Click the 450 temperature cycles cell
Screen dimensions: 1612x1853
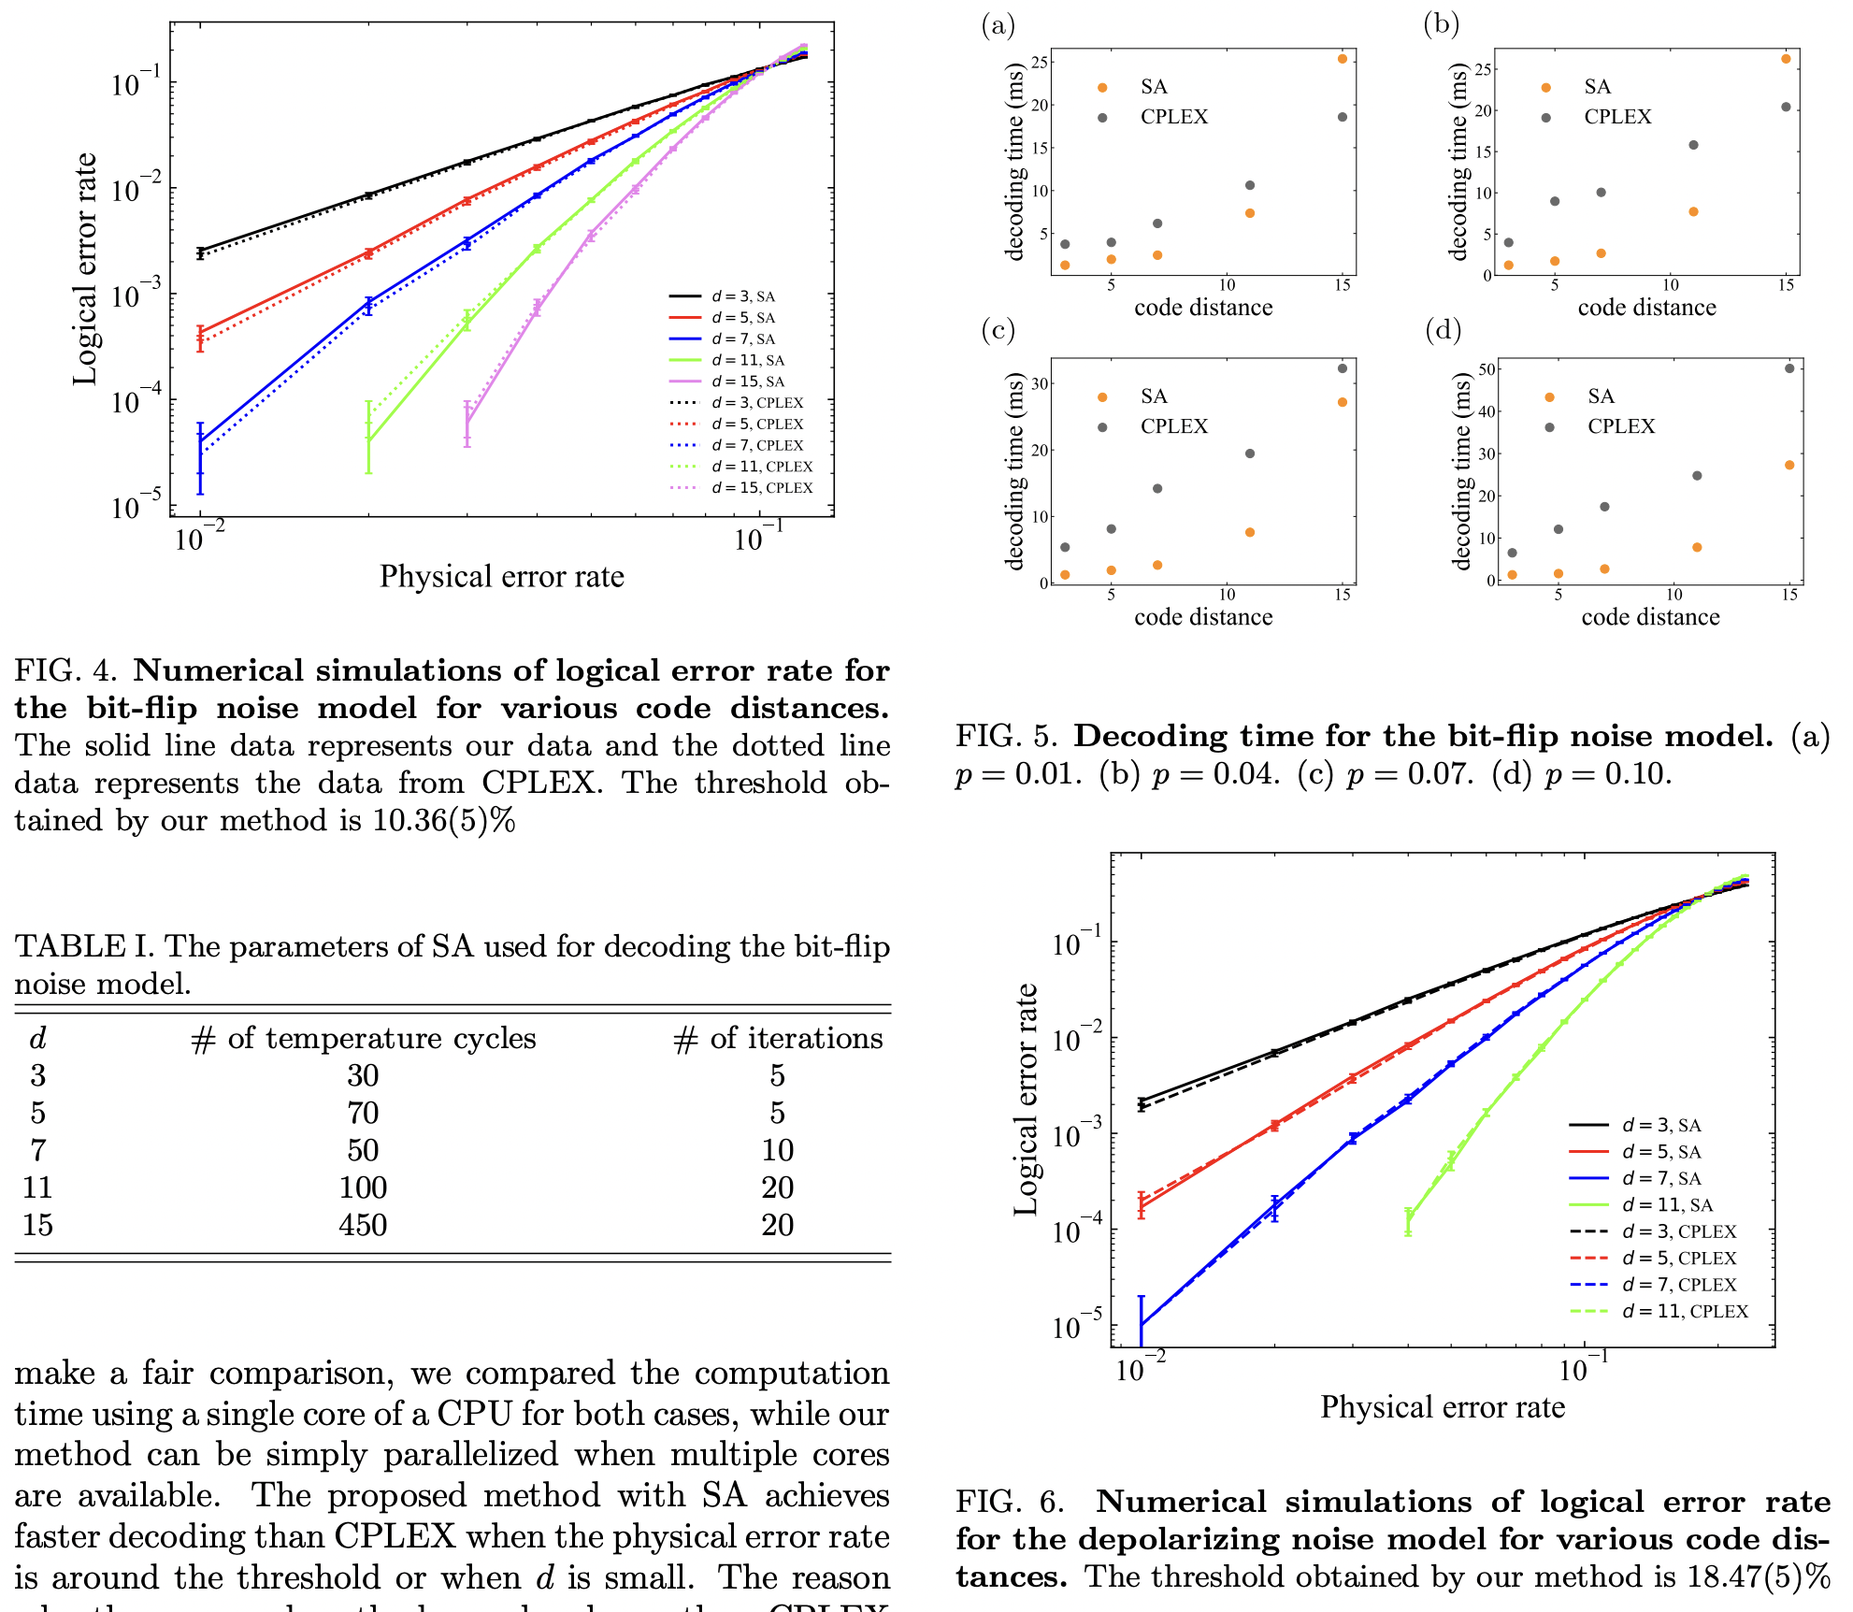click(x=363, y=1225)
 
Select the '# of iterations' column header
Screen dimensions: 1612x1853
click(x=778, y=1038)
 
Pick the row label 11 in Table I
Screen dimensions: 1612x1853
click(x=37, y=1187)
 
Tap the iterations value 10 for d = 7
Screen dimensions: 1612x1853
click(x=777, y=1150)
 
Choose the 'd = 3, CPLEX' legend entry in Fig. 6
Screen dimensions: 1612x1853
click(x=1678, y=1231)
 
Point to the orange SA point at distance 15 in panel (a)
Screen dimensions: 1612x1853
click(x=1343, y=59)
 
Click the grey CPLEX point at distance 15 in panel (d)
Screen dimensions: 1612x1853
click(x=1789, y=368)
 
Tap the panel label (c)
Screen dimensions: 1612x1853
click(x=998, y=330)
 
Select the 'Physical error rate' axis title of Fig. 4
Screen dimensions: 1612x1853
click(x=501, y=577)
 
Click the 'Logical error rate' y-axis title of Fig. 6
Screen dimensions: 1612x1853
click(x=1027, y=1100)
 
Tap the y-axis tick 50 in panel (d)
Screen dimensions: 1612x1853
click(x=1487, y=370)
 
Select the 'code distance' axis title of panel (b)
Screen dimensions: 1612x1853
click(x=1646, y=308)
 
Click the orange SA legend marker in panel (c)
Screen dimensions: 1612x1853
click(x=1102, y=397)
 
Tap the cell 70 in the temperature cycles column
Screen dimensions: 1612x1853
click(x=363, y=1113)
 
